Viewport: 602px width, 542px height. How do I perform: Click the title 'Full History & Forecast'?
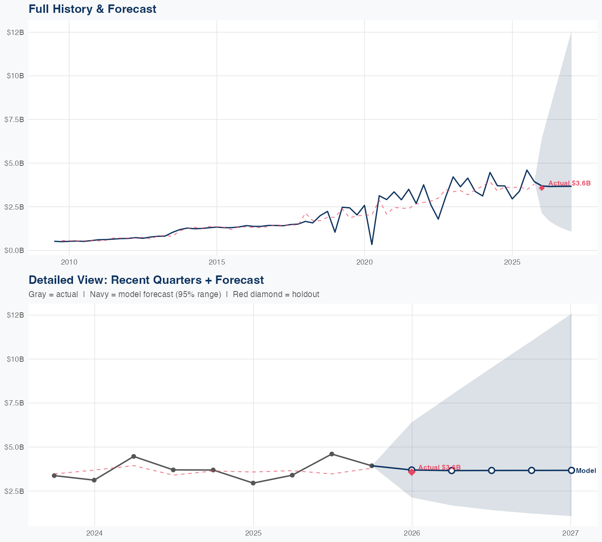click(x=92, y=9)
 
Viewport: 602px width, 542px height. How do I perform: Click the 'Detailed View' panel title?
click(x=146, y=280)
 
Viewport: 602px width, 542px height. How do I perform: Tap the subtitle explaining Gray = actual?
click(x=174, y=294)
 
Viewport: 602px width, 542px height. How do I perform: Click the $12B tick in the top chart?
click(x=15, y=32)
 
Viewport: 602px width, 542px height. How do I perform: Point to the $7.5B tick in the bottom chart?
click(x=15, y=403)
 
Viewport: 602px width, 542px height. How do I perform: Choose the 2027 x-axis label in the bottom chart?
click(x=570, y=534)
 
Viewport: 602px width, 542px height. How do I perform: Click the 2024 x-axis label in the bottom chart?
click(x=95, y=534)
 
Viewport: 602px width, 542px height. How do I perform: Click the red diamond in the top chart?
click(x=542, y=188)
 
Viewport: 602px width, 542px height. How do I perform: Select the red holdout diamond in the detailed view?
click(x=412, y=472)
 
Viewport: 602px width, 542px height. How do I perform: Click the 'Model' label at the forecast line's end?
click(x=586, y=471)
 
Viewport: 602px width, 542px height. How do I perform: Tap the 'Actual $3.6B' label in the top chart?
click(x=569, y=183)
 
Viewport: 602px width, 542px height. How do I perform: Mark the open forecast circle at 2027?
click(x=571, y=470)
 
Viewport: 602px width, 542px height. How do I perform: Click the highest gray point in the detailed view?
click(x=332, y=454)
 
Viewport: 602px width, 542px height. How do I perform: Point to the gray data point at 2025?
click(x=253, y=483)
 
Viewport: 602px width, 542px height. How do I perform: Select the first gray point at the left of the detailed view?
click(x=54, y=476)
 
